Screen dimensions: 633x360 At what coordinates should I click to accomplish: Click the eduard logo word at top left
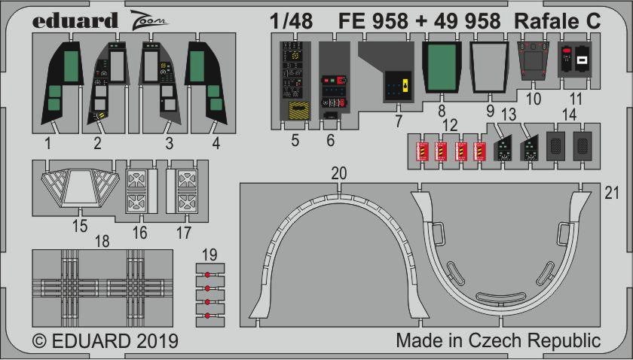point(75,21)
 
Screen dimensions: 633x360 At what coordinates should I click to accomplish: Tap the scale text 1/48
point(291,21)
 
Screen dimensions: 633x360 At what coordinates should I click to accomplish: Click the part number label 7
point(399,121)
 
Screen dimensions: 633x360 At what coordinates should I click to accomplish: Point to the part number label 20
point(339,173)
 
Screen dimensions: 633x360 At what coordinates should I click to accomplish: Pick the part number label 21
point(612,194)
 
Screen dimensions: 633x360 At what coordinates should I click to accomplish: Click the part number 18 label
point(102,241)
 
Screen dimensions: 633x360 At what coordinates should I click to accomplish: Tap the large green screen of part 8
point(442,67)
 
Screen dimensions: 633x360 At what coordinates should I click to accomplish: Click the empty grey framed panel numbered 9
point(490,67)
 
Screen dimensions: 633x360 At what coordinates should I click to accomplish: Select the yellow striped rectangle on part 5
point(299,110)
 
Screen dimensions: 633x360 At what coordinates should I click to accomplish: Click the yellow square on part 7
point(407,86)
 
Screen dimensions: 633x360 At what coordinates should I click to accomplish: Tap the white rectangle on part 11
point(582,61)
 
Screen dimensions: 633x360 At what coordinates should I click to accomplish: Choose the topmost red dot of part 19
point(207,275)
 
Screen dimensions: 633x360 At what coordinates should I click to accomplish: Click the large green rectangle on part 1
point(71,66)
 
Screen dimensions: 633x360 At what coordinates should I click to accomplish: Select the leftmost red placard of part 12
point(422,151)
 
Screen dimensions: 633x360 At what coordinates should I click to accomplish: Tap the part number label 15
point(80,226)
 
